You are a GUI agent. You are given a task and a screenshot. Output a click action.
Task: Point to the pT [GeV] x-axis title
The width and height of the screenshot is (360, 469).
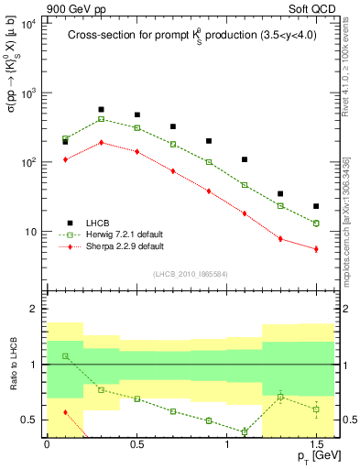(x=313, y=455)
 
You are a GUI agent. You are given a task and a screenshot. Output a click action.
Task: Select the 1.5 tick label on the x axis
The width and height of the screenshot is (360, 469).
(x=316, y=443)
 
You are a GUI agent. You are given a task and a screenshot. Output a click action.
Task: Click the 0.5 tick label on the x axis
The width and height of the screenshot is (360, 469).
(x=136, y=443)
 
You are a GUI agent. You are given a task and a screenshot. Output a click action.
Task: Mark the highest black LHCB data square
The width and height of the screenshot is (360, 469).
(x=101, y=110)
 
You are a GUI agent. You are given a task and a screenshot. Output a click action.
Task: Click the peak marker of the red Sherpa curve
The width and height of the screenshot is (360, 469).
(x=101, y=142)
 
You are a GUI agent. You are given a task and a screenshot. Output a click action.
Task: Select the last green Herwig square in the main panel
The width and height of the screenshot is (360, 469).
(x=316, y=224)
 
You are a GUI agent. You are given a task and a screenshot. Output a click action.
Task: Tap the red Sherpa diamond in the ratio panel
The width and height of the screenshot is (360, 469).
(x=65, y=412)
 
